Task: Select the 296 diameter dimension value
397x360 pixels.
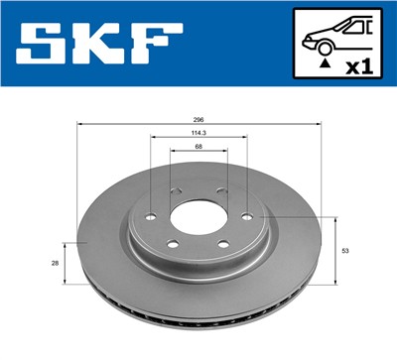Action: point(198,118)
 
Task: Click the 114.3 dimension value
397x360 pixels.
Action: point(198,132)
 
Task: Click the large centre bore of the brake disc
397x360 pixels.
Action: point(198,217)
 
